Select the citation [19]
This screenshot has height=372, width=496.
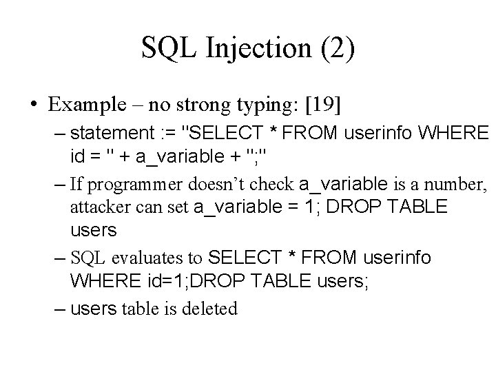click(320, 105)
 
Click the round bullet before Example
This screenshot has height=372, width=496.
click(34, 106)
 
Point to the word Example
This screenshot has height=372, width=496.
click(82, 105)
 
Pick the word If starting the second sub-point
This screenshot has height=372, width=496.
click(76, 184)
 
